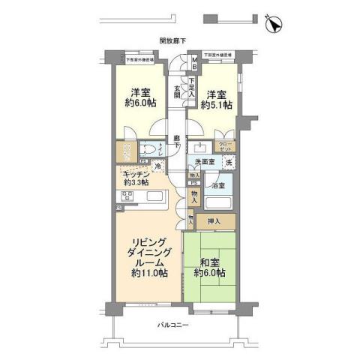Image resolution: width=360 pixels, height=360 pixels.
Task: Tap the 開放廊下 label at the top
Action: pos(172,41)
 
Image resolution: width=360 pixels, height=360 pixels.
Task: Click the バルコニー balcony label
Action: pos(172,325)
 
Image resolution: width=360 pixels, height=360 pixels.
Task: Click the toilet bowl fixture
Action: pos(152,149)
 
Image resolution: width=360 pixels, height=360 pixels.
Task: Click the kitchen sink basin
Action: pos(154,199)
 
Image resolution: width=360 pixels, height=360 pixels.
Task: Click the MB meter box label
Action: pos(192,63)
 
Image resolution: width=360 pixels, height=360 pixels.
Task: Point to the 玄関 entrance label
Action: pos(178,91)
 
